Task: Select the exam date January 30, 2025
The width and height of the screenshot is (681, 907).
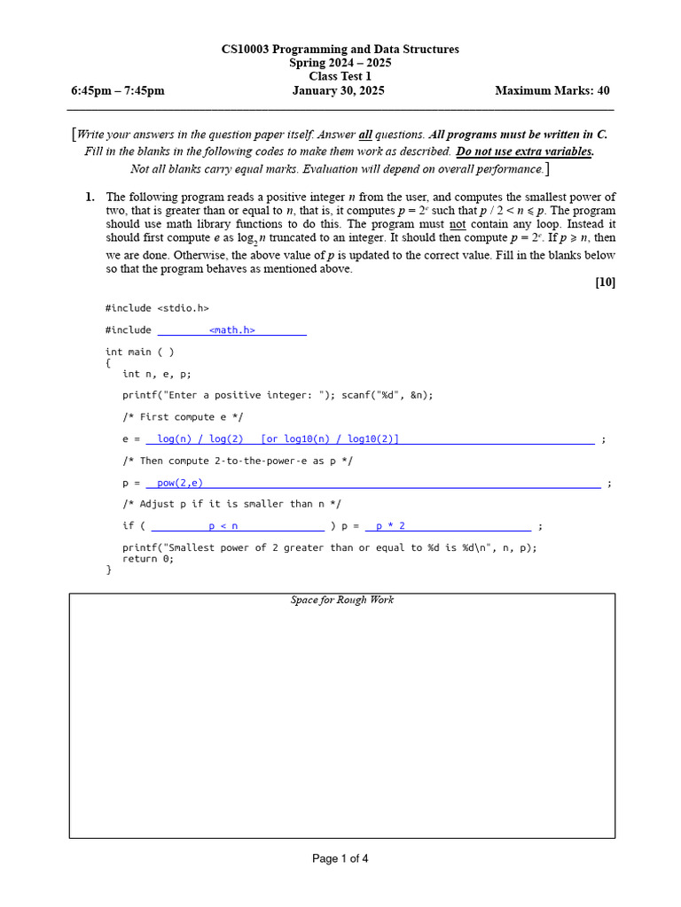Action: coord(338,90)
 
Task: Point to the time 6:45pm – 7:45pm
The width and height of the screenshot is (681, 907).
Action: coord(117,90)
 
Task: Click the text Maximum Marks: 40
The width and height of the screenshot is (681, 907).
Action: coord(552,90)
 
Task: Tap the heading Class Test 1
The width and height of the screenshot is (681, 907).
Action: coord(340,76)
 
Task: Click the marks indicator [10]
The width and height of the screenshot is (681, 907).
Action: coord(605,283)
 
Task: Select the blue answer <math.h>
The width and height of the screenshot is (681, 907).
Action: coord(232,330)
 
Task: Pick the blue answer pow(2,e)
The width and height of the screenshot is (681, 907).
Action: coord(180,483)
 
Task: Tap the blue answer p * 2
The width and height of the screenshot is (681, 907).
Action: coord(390,526)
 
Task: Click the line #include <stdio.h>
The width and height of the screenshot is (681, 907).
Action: coord(157,308)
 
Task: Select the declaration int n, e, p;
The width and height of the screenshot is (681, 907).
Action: coord(156,374)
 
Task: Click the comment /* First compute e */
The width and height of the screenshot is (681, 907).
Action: coord(183,417)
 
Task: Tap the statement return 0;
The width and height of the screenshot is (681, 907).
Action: coord(148,559)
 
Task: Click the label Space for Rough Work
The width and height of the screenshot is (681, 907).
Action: coord(342,601)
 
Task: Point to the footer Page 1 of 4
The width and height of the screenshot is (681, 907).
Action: coord(340,858)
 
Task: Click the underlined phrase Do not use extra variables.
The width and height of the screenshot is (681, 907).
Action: coord(525,151)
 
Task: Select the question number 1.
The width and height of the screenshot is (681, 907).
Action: coord(90,198)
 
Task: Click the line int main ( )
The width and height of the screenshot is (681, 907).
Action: coord(139,352)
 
